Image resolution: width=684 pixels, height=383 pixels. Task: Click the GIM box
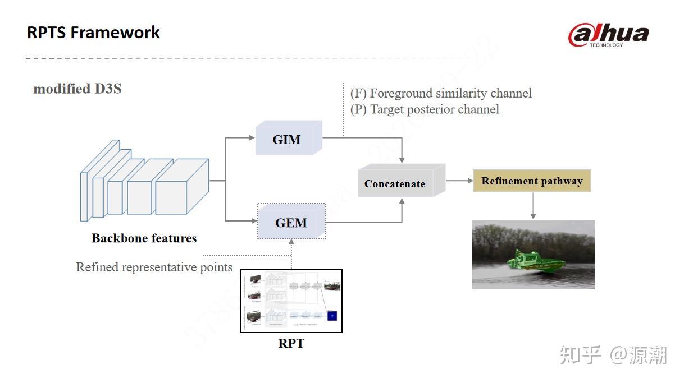coord(287,140)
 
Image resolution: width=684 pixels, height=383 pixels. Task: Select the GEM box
coord(291,223)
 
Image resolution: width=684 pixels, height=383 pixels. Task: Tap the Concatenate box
coord(395,183)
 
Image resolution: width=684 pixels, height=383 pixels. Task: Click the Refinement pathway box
coord(532,181)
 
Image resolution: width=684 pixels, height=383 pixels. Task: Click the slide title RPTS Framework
coord(93,33)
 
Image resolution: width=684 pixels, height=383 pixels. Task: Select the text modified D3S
coord(77,89)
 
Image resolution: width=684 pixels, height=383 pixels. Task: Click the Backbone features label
coord(144,238)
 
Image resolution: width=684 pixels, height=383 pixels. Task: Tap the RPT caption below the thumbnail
coord(291,343)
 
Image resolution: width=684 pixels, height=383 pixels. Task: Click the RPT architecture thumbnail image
coord(291,301)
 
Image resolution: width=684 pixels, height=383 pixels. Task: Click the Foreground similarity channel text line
coord(441,94)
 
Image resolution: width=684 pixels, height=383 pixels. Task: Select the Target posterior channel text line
coord(425,109)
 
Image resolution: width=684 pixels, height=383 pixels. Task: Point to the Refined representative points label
coord(154,267)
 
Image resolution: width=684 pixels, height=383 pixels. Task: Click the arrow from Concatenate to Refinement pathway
coord(459,181)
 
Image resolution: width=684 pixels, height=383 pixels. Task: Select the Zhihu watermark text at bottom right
coord(613,355)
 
